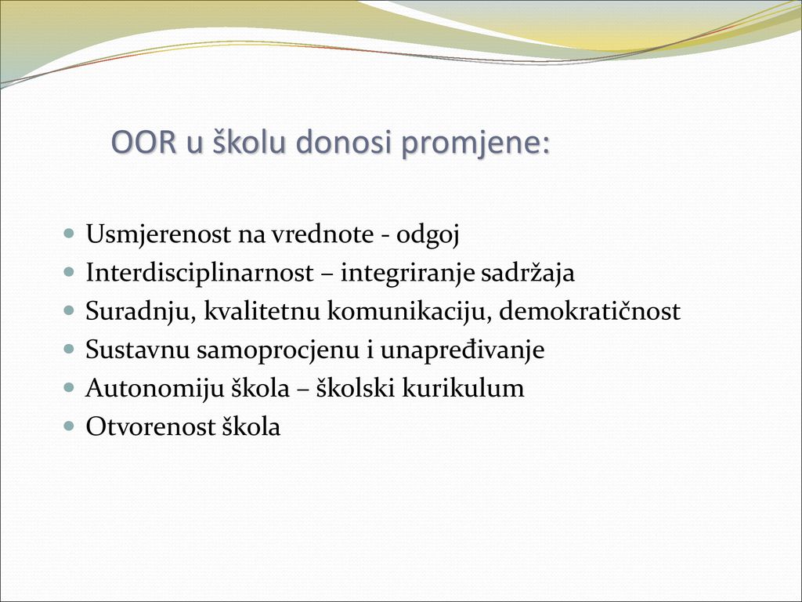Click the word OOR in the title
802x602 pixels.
pos(144,142)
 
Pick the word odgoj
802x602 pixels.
pos(428,235)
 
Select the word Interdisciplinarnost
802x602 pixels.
pos(200,273)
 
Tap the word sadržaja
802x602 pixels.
pos(528,273)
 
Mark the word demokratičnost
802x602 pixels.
pos(590,310)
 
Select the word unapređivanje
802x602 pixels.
pos(462,350)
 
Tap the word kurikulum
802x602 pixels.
pos(463,388)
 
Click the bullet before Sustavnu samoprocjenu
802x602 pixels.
pos(69,349)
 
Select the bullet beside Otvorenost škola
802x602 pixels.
pos(69,426)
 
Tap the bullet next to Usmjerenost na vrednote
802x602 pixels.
pos(69,234)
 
